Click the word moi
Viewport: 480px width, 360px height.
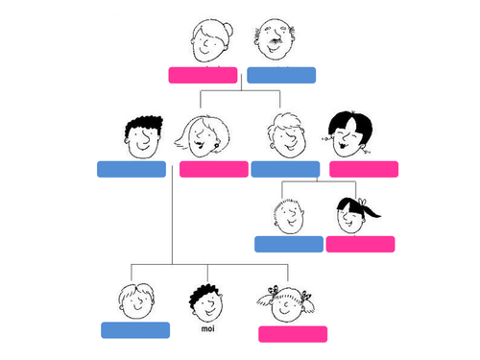coord(207,328)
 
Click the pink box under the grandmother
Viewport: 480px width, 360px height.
coord(203,75)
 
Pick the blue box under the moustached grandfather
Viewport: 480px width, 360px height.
coord(281,75)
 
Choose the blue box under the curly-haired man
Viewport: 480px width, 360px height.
coord(132,169)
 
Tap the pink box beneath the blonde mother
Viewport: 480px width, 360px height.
coord(213,169)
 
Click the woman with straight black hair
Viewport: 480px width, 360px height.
coord(349,135)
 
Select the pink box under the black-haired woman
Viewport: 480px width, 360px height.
coord(364,169)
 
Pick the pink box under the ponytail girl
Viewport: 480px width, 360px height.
coord(360,244)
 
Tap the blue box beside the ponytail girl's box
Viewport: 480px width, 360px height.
coord(288,244)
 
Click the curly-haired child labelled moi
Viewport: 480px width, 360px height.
coord(206,302)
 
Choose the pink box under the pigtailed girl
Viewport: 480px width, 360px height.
coord(293,334)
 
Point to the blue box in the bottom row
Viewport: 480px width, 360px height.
coord(135,330)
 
